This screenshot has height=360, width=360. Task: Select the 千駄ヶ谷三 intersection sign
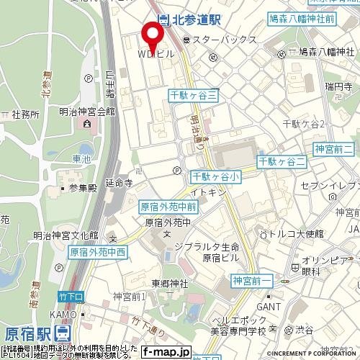click(x=194, y=95)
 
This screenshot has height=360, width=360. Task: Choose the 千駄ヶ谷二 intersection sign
click(x=282, y=161)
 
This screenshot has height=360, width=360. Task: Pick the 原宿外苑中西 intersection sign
click(x=97, y=252)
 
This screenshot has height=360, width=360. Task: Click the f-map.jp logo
click(x=165, y=352)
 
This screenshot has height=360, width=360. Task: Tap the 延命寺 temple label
click(x=119, y=184)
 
